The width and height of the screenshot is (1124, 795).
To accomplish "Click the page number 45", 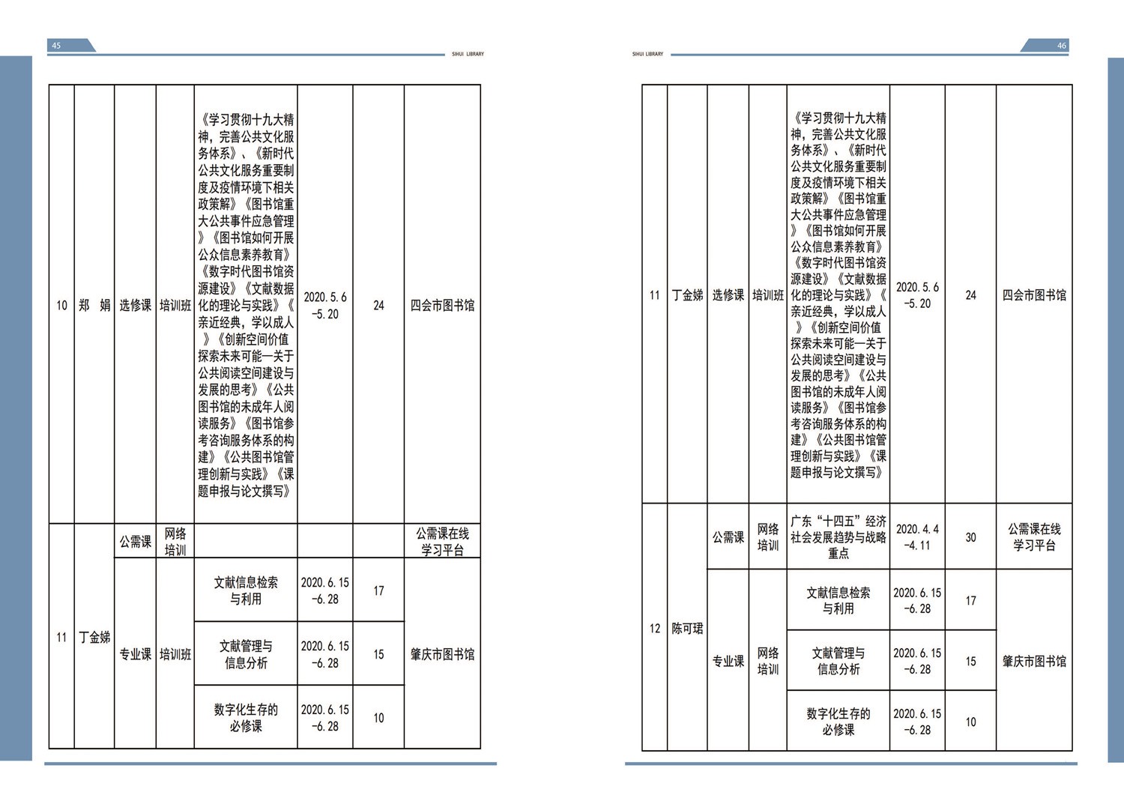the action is (x=56, y=46).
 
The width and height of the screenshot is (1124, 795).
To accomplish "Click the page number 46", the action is (x=1061, y=46).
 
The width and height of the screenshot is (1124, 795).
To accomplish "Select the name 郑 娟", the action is (x=94, y=305).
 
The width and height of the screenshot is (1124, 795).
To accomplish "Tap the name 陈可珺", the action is (x=687, y=629).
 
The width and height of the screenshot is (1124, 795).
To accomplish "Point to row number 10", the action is (x=61, y=305).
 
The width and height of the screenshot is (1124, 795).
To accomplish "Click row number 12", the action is (x=654, y=629).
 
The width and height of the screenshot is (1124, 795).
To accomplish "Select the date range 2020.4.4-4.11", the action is (x=917, y=537).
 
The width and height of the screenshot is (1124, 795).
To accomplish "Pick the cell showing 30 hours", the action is (x=970, y=537).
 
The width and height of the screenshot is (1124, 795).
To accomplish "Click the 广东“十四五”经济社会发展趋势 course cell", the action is (x=838, y=537).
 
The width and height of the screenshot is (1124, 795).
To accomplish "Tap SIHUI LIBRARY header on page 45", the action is (x=468, y=54).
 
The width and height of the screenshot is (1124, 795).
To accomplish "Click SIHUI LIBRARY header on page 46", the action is (x=647, y=54).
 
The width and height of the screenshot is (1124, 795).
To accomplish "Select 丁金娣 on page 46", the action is (x=687, y=295).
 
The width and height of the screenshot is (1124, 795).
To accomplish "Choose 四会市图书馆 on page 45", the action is (x=442, y=305).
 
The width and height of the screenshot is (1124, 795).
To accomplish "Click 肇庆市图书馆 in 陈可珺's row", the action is (x=1034, y=661).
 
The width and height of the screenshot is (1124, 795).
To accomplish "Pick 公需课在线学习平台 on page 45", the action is (x=442, y=542).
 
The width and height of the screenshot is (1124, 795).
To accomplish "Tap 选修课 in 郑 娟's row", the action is (x=135, y=305).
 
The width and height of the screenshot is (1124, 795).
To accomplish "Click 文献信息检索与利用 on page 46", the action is (x=838, y=600).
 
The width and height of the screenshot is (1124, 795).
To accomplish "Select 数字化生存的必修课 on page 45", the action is (x=245, y=718).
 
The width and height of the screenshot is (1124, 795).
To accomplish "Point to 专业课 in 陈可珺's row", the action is (x=728, y=661).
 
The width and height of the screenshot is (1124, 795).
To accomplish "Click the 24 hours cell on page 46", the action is (x=970, y=295).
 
